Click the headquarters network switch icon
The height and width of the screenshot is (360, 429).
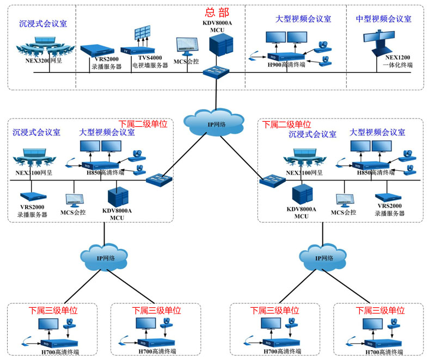(217, 71)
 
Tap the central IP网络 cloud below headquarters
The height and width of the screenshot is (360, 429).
(213, 124)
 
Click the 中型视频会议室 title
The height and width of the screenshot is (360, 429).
(383, 18)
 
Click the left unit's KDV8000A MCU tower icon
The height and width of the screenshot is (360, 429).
(117, 196)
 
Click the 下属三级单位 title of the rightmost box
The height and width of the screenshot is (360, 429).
(379, 311)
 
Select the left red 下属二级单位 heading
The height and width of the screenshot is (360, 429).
(142, 124)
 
